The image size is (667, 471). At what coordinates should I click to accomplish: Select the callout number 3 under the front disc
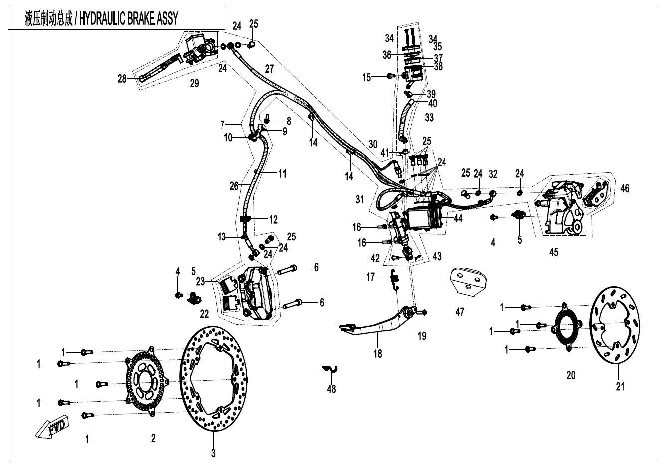[x=213, y=453]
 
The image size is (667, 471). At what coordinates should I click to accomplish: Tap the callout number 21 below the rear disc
[x=620, y=386]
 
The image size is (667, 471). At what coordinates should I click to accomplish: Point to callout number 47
[x=460, y=312]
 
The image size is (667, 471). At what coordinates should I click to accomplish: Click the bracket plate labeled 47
[x=469, y=281]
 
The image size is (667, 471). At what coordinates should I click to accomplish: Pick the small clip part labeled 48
[x=330, y=369]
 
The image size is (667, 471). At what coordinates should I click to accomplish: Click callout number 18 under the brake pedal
[x=378, y=354]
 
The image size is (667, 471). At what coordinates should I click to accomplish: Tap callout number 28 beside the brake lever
[x=122, y=79]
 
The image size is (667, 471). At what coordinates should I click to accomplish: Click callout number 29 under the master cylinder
[x=194, y=83]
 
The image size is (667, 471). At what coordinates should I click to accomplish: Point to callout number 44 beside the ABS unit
[x=458, y=218]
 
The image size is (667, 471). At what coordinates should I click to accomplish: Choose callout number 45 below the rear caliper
[x=553, y=252]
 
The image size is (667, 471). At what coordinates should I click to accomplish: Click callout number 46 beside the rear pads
[x=625, y=188]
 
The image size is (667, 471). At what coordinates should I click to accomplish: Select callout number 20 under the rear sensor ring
[x=571, y=375]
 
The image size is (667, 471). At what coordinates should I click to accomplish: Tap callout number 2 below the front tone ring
[x=153, y=438]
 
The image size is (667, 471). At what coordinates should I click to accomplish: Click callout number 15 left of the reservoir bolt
[x=367, y=77]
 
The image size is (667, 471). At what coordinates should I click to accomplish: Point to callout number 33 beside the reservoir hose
[x=429, y=118]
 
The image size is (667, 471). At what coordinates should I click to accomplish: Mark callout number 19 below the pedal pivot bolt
[x=422, y=336]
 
